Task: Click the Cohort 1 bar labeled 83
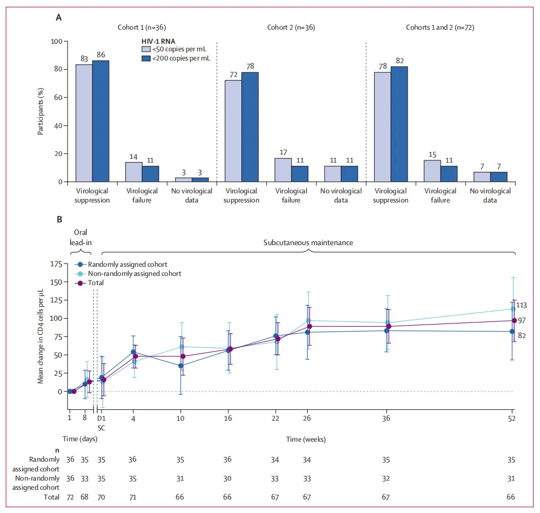pyautogui.click(x=84, y=123)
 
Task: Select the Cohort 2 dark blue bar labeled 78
pyautogui.click(x=249, y=127)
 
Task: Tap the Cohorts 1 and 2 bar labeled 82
pyautogui.click(x=399, y=124)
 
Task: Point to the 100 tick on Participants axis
pyautogui.click(x=55, y=41)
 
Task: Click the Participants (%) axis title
pyautogui.click(x=41, y=112)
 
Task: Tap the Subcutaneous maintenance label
pyautogui.click(x=308, y=242)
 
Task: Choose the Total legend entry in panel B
pyautogui.click(x=96, y=282)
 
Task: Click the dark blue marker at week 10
pyautogui.click(x=181, y=366)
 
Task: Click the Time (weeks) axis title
pyautogui.click(x=307, y=439)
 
